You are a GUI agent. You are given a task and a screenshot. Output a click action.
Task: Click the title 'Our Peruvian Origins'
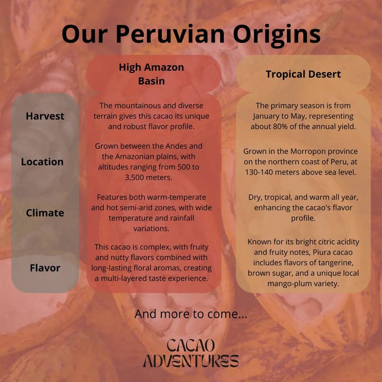[x=191, y=34]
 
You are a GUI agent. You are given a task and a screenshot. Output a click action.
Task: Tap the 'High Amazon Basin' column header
[x=151, y=74]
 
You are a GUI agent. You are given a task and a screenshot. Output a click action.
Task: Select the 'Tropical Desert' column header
[x=303, y=74]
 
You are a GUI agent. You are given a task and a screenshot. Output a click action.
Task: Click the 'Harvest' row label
[x=45, y=116]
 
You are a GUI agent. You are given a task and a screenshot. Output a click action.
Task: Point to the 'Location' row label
[x=42, y=162]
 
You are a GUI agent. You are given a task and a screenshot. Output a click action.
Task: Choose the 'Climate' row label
[x=45, y=213]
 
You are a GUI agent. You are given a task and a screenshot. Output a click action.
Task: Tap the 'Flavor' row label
[x=45, y=268]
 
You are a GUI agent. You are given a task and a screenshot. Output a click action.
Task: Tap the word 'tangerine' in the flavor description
[x=335, y=263]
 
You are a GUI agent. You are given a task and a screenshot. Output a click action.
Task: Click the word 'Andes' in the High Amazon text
[x=173, y=145]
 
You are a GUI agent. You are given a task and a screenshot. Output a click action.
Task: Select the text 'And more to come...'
[x=190, y=314]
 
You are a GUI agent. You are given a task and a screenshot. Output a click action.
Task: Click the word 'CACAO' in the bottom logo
[x=190, y=345]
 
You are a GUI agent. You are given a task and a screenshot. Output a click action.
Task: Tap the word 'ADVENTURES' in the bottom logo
[x=190, y=362]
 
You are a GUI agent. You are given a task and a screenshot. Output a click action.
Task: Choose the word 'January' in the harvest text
[x=269, y=116]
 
